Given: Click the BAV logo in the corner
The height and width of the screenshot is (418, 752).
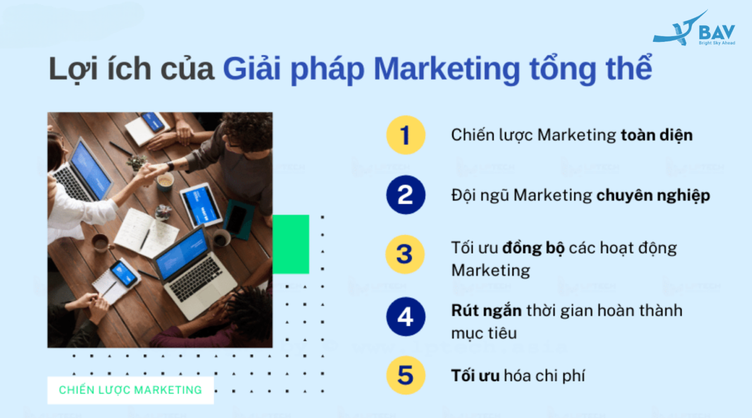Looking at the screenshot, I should [x=694, y=30].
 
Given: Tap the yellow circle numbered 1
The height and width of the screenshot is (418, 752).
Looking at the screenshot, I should [x=406, y=135].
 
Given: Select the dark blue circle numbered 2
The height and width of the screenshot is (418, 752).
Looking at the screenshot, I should [x=406, y=195].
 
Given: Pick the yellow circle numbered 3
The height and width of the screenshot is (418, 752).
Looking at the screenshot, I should [x=406, y=255].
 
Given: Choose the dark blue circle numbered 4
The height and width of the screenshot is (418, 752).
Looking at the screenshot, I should [x=406, y=316].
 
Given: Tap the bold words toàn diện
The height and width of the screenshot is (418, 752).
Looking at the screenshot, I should [x=656, y=135].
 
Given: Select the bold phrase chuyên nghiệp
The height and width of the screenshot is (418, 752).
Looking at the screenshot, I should [x=653, y=196].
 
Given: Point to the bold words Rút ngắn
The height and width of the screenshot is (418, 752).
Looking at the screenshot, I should [x=487, y=311].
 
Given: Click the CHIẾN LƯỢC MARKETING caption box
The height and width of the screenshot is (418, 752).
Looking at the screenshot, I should [x=131, y=390].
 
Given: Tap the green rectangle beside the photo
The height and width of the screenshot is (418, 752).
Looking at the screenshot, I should [x=291, y=244].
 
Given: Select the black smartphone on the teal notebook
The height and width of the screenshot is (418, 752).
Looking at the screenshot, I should [x=237, y=219].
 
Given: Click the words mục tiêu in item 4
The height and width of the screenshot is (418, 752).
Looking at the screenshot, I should [x=483, y=333].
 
